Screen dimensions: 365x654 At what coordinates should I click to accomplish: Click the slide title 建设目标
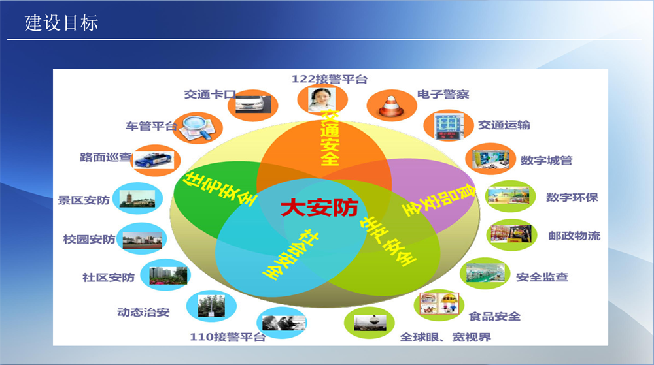[x=61, y=23]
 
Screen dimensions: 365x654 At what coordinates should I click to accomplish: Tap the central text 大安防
[x=319, y=208]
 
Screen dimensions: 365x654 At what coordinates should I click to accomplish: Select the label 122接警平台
[x=329, y=80]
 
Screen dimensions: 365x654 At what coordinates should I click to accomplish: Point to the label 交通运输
[x=504, y=125]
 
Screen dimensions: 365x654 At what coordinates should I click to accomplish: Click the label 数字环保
[x=572, y=197]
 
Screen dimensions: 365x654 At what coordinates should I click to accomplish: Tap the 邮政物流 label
[x=574, y=236]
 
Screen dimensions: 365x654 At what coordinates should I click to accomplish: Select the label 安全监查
[x=542, y=276]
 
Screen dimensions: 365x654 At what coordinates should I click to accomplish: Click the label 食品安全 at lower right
[x=495, y=317]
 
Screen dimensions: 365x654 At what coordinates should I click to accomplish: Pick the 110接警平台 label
[x=228, y=338]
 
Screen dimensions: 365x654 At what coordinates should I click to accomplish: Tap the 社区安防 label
[x=109, y=278]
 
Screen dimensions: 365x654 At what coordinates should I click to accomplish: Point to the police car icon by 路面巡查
[x=156, y=160]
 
